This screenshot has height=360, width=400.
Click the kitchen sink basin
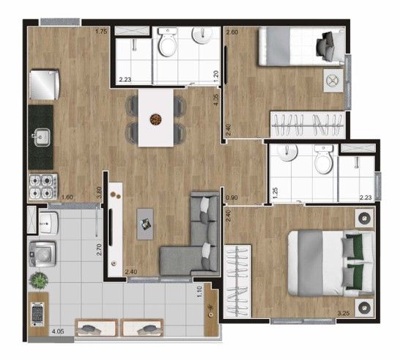click(42, 137)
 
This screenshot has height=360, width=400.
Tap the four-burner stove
click(43, 187)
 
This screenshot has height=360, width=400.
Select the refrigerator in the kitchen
click(45, 85)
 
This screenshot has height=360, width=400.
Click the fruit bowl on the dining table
click(155, 120)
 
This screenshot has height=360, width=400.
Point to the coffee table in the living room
click(145, 224)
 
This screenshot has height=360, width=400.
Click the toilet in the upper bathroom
click(167, 42)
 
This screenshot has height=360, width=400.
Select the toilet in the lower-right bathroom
click(324, 159)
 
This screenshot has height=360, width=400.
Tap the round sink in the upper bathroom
click(202, 35)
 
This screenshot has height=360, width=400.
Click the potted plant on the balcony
click(39, 280)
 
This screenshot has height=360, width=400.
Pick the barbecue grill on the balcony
click(37, 315)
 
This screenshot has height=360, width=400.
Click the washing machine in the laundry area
click(42, 254)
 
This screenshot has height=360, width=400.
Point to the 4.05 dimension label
click(58, 331)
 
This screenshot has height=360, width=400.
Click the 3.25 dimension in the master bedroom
click(344, 313)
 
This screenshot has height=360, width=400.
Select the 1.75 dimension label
click(101, 32)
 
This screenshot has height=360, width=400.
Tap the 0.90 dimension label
click(232, 197)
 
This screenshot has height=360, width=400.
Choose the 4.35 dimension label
click(216, 100)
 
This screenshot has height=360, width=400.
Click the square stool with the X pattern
click(333, 81)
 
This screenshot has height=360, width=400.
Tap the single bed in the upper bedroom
click(302, 46)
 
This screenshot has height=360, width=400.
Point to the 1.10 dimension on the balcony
click(199, 291)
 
